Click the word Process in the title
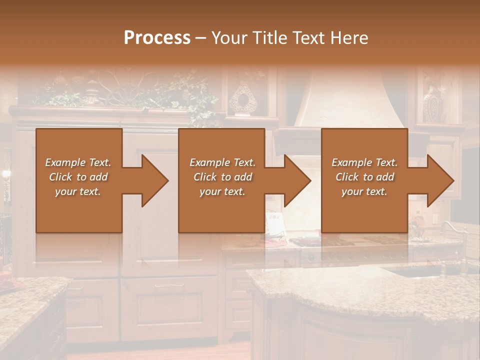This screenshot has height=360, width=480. [x=157, y=38]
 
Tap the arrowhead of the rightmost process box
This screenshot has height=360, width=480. [x=438, y=180]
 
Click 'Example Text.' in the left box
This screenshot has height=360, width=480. [x=78, y=162]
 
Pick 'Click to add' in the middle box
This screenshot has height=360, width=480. [x=222, y=177]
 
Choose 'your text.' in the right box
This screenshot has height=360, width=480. [x=364, y=191]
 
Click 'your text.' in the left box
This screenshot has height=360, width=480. [x=78, y=191]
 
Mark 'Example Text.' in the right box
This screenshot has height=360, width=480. [x=364, y=162]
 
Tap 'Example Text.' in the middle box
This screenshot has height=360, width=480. [x=222, y=162]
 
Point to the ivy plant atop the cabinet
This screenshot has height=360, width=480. [x=195, y=95]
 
